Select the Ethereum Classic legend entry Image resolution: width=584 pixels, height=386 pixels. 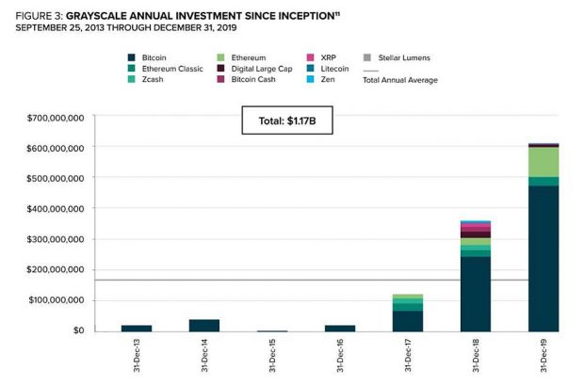(x=164, y=69)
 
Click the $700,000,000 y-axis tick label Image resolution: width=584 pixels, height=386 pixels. (x=54, y=118)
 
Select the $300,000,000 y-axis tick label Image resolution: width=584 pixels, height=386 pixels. (x=54, y=239)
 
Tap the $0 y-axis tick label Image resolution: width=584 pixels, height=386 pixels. (x=73, y=330)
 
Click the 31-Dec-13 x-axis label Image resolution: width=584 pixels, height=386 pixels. (x=136, y=355)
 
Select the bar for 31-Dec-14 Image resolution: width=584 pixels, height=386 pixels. (x=203, y=326)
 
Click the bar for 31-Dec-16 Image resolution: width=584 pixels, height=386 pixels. (x=339, y=328)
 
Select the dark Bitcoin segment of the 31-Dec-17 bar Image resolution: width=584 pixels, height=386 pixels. (x=407, y=321)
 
